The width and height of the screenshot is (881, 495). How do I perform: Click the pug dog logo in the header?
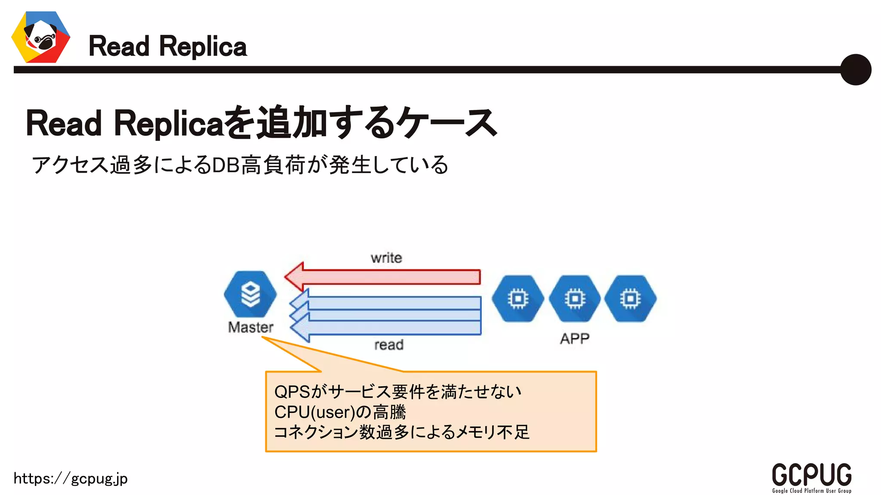tap(41, 37)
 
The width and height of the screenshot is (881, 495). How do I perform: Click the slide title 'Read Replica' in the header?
tap(167, 46)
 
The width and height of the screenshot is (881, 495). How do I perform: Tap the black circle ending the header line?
tap(855, 70)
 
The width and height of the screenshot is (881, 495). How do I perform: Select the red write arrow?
tap(383, 277)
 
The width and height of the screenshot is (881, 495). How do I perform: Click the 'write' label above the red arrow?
tap(386, 258)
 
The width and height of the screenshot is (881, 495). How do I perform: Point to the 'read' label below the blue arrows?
tap(389, 345)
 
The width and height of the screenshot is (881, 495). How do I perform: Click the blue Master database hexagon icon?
tap(250, 294)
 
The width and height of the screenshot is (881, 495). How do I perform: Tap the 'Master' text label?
tap(250, 327)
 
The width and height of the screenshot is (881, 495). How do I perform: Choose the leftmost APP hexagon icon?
tap(518, 299)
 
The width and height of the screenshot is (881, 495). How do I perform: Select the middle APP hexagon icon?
tap(575, 299)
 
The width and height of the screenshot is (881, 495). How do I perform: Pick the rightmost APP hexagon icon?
tap(630, 299)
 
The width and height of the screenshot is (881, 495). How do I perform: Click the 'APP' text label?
tap(574, 339)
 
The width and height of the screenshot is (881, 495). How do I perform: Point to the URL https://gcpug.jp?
tap(71, 478)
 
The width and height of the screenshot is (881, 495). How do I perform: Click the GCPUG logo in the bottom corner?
tap(811, 474)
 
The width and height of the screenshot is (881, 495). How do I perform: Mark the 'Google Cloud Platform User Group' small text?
tap(811, 491)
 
